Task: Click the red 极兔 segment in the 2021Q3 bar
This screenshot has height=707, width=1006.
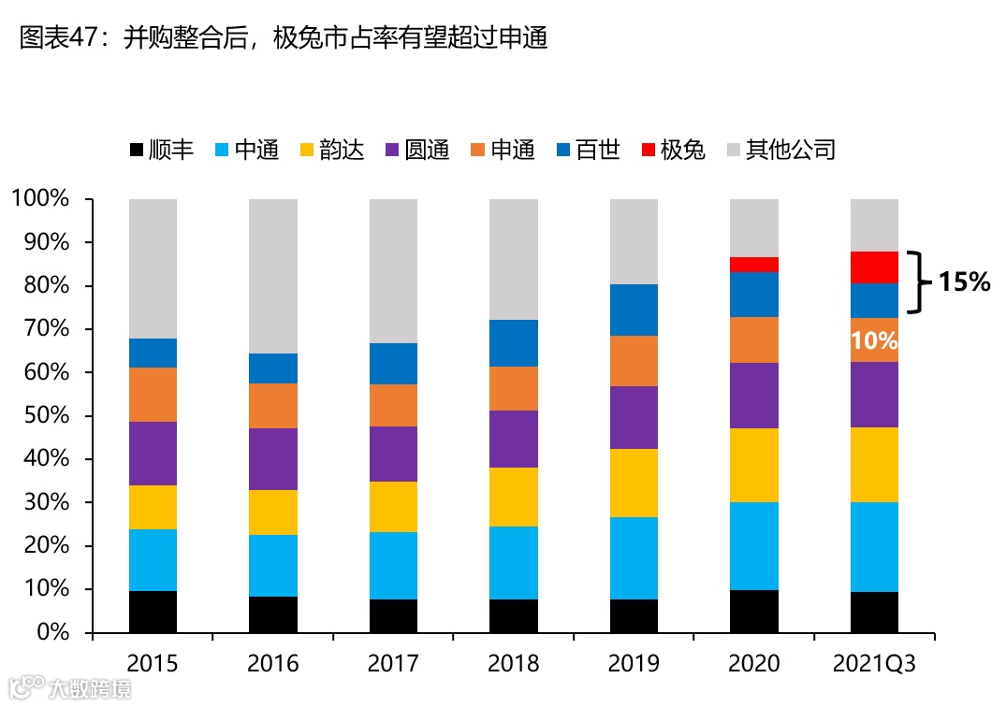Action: (x=874, y=267)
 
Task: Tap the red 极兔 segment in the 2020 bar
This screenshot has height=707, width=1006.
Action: (x=754, y=265)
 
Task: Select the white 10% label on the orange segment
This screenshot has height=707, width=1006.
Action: (x=874, y=341)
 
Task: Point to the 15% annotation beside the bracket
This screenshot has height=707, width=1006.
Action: (x=964, y=281)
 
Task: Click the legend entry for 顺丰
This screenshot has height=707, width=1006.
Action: (x=161, y=150)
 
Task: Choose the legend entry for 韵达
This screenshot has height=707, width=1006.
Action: (x=332, y=150)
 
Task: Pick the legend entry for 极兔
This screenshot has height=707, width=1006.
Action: (x=673, y=150)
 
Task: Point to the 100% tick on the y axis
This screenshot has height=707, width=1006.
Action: (x=40, y=199)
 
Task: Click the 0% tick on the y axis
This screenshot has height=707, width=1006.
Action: (x=51, y=633)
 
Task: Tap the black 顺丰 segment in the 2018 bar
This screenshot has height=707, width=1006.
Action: (x=514, y=616)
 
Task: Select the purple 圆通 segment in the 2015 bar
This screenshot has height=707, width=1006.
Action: (x=153, y=454)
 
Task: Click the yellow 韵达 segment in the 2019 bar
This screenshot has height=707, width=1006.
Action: (x=634, y=483)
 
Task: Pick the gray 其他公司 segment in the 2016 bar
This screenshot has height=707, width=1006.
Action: (x=273, y=276)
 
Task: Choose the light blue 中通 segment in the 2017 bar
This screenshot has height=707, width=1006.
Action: (x=393, y=566)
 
